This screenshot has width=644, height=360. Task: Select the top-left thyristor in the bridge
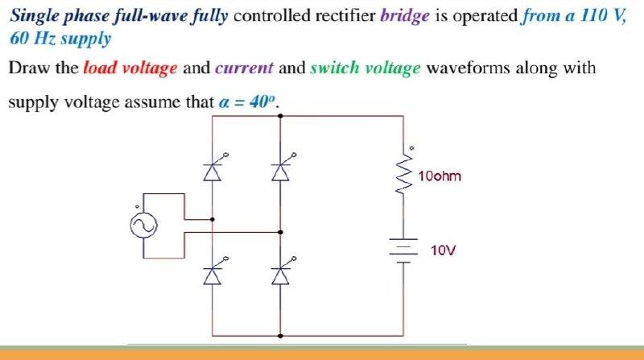coord(213,171)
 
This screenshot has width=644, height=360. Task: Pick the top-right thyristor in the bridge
coord(280,171)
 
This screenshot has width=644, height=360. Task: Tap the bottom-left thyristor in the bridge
coord(213,275)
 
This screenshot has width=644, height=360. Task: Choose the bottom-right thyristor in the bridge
coord(280,275)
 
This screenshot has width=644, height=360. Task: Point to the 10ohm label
coord(440,176)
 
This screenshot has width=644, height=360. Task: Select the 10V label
coord(444,250)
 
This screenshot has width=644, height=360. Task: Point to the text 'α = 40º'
coord(249,103)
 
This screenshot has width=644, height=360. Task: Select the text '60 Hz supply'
coord(60,39)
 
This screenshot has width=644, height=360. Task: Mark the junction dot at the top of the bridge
coord(280,116)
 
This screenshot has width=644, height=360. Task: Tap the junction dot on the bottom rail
coord(280,335)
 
